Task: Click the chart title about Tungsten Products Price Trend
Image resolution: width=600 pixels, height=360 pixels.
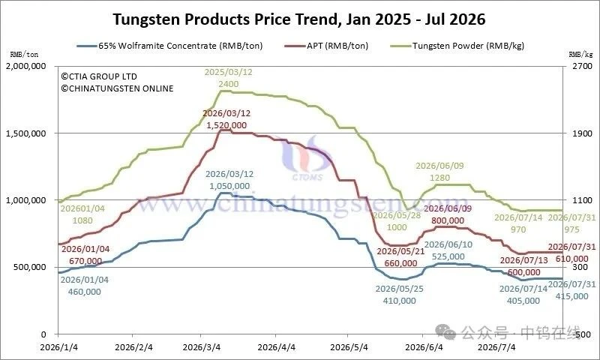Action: [x=298, y=19]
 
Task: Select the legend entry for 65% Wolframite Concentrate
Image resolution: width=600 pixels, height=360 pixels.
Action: [x=170, y=46]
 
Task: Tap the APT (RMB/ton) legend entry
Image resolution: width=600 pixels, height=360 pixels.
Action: [x=326, y=46]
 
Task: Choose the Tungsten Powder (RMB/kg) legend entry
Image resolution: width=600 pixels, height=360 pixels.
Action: [x=457, y=46]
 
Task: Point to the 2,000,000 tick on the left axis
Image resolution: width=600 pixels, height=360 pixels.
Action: [x=26, y=66]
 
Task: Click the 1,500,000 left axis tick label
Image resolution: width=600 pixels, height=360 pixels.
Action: [x=26, y=133]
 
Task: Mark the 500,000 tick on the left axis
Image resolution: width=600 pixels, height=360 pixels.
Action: [x=30, y=267]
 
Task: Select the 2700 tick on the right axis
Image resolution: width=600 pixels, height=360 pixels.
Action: [x=582, y=66]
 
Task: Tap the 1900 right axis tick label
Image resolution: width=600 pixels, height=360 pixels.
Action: [x=582, y=133]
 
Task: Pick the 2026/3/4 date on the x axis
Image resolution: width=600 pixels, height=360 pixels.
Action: [x=202, y=347]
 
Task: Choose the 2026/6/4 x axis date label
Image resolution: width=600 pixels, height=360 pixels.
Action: [x=424, y=347]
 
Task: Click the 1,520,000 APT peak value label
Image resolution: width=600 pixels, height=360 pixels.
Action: [x=227, y=125]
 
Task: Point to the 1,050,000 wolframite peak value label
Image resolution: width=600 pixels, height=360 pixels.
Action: [x=229, y=186]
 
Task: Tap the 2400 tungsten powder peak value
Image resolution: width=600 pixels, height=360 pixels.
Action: [x=229, y=84]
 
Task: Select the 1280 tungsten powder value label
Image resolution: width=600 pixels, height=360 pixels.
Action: [x=439, y=178]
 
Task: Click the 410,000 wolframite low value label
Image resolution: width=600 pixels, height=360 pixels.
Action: [x=400, y=301]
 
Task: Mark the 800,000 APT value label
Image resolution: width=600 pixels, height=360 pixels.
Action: [x=448, y=220]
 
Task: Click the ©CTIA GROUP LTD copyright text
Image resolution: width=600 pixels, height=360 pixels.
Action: [x=99, y=76]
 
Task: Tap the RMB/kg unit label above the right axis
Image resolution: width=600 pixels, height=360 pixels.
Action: [x=580, y=55]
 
